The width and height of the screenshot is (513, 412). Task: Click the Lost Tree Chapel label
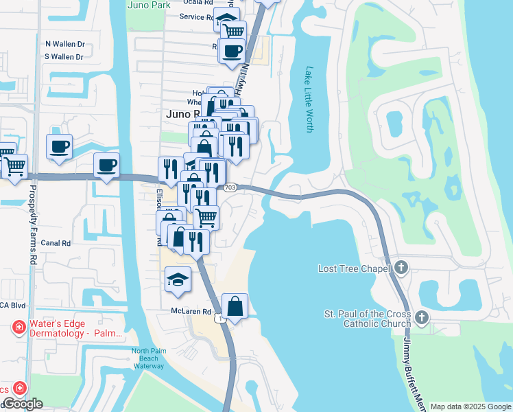[354, 268]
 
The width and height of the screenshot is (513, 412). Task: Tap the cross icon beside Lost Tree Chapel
[402, 268]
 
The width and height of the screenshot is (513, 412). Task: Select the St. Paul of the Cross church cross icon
[421, 318]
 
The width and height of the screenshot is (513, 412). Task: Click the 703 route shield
[230, 187]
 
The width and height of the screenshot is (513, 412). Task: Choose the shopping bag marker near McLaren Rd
[235, 306]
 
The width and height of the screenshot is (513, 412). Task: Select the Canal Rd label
[56, 243]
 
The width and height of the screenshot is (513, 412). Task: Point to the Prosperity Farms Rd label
[32, 233]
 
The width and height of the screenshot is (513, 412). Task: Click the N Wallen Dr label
[64, 43]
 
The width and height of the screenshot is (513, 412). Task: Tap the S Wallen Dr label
[64, 57]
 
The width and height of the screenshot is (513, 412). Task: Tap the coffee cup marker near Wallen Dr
[60, 146]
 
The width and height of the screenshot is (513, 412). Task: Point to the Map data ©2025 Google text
[470, 407]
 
